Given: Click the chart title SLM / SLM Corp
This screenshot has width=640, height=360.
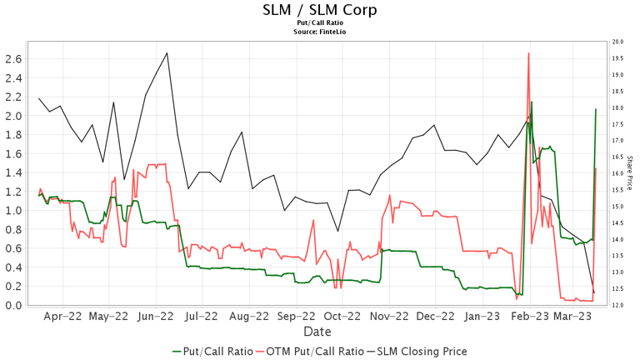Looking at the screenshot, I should click(x=319, y=10).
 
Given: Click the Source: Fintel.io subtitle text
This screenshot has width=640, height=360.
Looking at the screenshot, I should click(x=319, y=32).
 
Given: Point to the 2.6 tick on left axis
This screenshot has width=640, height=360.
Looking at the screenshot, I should click(x=14, y=58).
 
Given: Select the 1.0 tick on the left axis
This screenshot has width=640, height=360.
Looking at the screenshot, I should click(x=14, y=210).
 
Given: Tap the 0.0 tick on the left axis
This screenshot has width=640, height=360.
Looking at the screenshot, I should click(x=14, y=305).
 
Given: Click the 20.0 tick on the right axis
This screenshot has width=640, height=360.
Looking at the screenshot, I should click(x=618, y=42).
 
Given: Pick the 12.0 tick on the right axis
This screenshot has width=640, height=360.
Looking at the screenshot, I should click(x=618, y=305).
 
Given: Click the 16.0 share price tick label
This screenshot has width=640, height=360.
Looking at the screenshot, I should click(x=618, y=173).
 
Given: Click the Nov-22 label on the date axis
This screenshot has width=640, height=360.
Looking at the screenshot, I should click(x=389, y=317).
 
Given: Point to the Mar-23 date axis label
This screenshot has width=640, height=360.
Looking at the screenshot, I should click(x=572, y=317).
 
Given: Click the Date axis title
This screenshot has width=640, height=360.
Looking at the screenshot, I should click(x=317, y=332).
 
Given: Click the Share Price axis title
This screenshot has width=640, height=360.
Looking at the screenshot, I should click(x=631, y=173).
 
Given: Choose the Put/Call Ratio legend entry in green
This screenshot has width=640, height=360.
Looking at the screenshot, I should click(x=211, y=352).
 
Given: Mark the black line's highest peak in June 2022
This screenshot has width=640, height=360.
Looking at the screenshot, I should click(x=167, y=53).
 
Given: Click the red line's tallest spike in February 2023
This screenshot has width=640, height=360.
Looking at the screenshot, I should click(x=528, y=53).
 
